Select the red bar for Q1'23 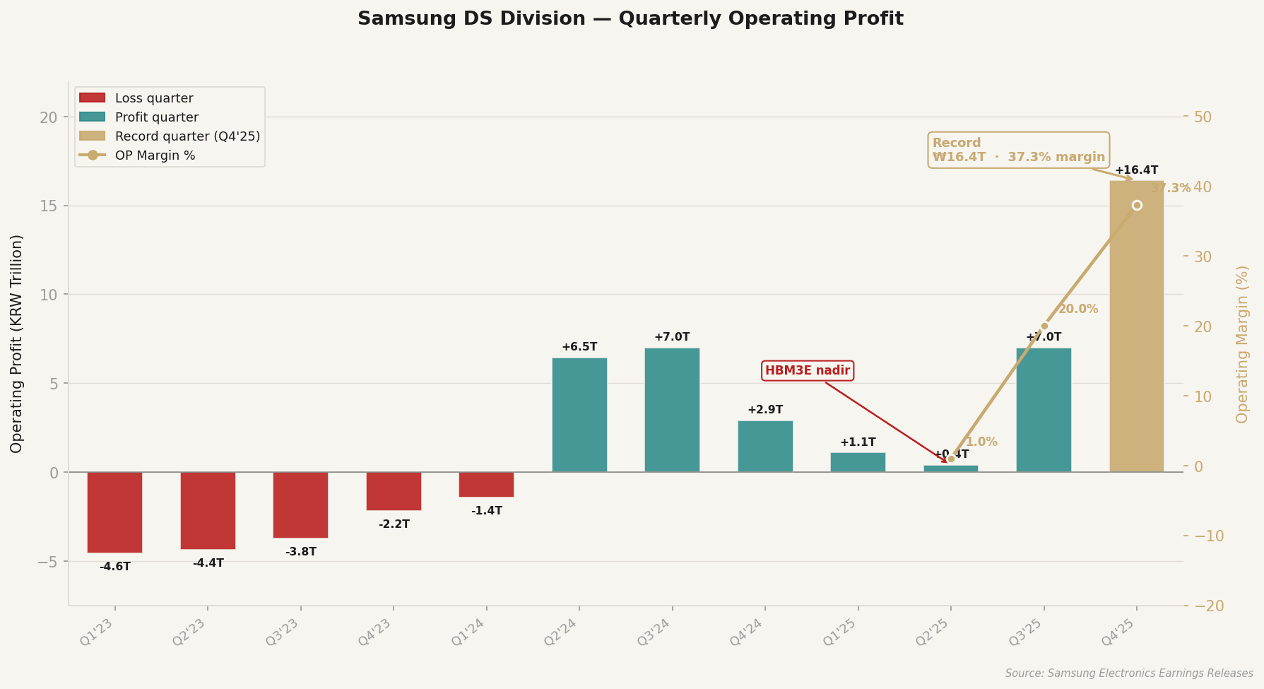115,512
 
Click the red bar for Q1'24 486,485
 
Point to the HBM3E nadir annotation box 808,371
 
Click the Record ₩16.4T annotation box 1019,150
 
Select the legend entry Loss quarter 153,98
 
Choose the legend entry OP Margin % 155,155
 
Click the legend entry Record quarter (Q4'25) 187,136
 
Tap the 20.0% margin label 1077,310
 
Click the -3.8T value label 301,552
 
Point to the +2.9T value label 765,410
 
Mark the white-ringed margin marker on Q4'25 1137,206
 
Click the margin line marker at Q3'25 1044,326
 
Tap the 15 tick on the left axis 48,206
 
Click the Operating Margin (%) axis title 1243,344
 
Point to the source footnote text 1128,673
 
